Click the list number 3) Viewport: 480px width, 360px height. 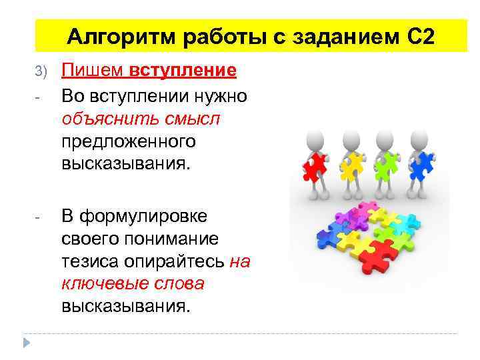click(41, 71)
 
